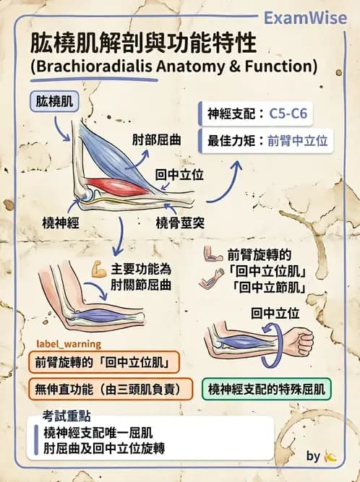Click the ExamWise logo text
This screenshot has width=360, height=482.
(x=305, y=18)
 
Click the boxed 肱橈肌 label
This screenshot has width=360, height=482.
(x=54, y=102)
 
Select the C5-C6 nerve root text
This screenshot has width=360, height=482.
(x=288, y=113)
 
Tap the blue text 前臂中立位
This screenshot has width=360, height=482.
(x=298, y=141)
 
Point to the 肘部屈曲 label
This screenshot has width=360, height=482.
(x=156, y=140)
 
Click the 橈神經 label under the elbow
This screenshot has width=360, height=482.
(x=61, y=223)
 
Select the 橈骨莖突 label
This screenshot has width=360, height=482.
(x=180, y=223)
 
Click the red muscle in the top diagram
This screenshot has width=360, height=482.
(x=117, y=186)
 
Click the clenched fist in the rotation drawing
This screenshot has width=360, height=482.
(x=300, y=340)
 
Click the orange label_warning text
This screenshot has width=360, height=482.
(x=69, y=344)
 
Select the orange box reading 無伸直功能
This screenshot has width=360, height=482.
(x=111, y=390)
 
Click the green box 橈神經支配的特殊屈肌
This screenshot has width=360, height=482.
(x=266, y=390)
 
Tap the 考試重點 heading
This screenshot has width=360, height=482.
(x=67, y=416)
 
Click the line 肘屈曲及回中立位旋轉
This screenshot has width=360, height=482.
(x=104, y=448)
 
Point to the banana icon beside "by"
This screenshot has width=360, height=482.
(x=330, y=457)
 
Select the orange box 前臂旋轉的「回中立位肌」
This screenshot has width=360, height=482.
(x=104, y=362)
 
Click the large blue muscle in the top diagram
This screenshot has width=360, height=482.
(x=113, y=154)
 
